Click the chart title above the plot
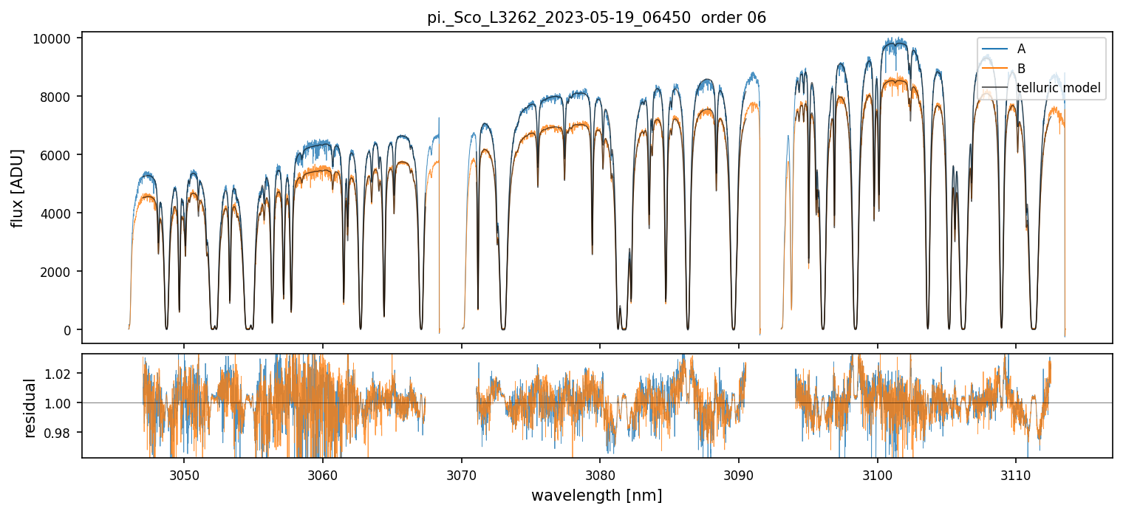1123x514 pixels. (x=597, y=18)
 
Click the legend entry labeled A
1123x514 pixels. (x=1021, y=49)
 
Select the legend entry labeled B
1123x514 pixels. (x=1021, y=69)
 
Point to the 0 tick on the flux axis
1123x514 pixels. (x=67, y=330)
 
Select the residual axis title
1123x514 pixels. (x=30, y=408)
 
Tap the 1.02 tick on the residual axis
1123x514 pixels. (x=60, y=374)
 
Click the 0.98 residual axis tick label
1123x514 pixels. (x=60, y=432)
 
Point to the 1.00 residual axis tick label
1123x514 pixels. (x=60, y=403)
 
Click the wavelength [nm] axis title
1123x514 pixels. (x=597, y=496)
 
